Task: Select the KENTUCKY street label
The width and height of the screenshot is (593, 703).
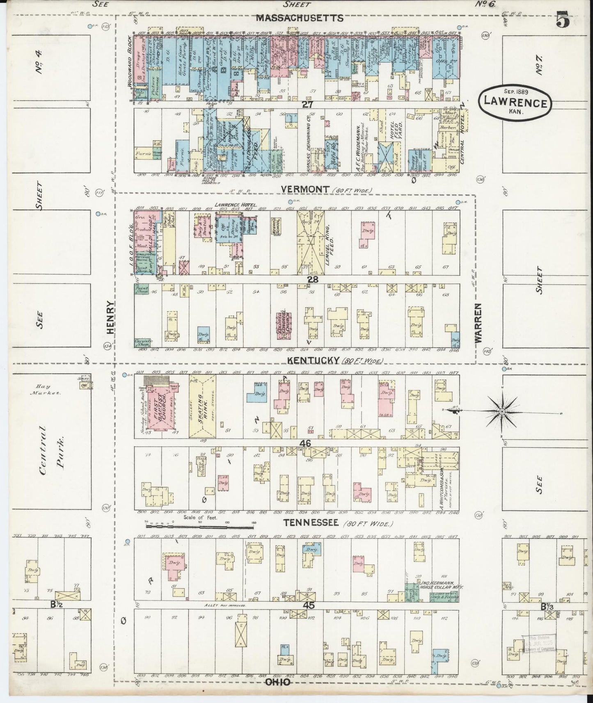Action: (x=313, y=360)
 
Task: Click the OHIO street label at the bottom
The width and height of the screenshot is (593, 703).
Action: (x=278, y=682)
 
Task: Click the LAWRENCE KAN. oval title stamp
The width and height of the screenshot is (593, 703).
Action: (x=515, y=103)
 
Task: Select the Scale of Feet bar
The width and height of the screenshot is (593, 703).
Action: (x=200, y=525)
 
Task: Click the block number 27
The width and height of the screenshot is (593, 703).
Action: (x=307, y=105)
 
